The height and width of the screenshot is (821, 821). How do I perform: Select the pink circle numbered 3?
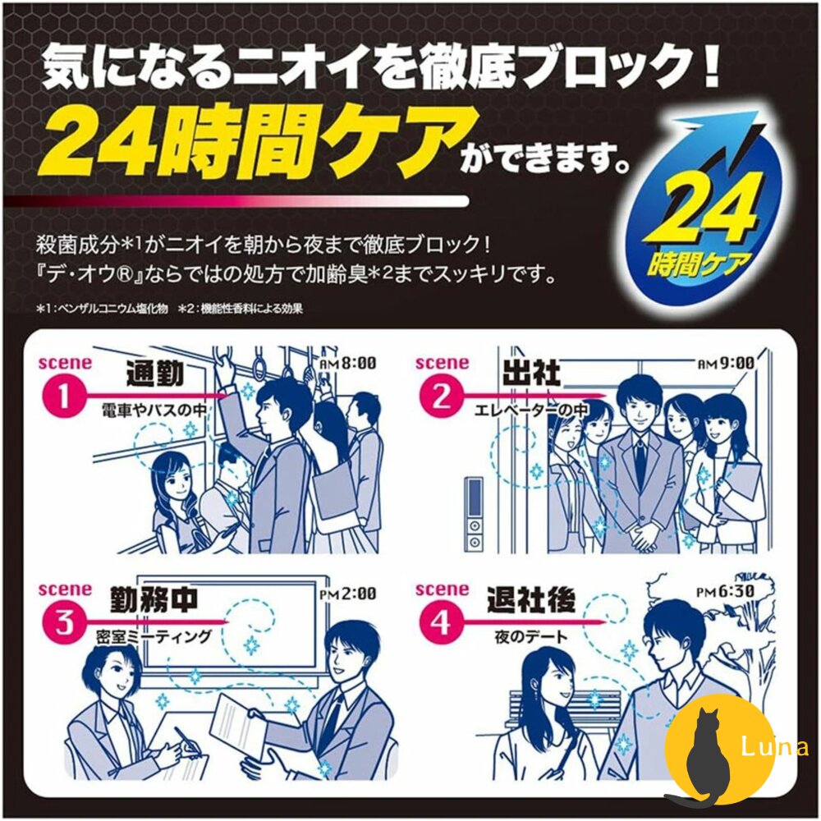63,623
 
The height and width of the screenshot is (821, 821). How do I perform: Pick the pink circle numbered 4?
441,623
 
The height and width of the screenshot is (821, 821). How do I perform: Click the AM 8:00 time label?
347,362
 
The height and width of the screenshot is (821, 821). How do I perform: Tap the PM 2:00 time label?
347,594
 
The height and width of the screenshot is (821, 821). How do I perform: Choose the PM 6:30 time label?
725,591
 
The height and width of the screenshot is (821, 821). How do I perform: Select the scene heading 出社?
531,373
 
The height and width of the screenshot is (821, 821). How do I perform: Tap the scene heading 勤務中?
154,599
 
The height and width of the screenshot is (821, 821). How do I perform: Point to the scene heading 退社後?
531,599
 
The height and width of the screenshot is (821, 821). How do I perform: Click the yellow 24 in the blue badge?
702,212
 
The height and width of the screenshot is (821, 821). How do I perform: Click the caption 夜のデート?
531,637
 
